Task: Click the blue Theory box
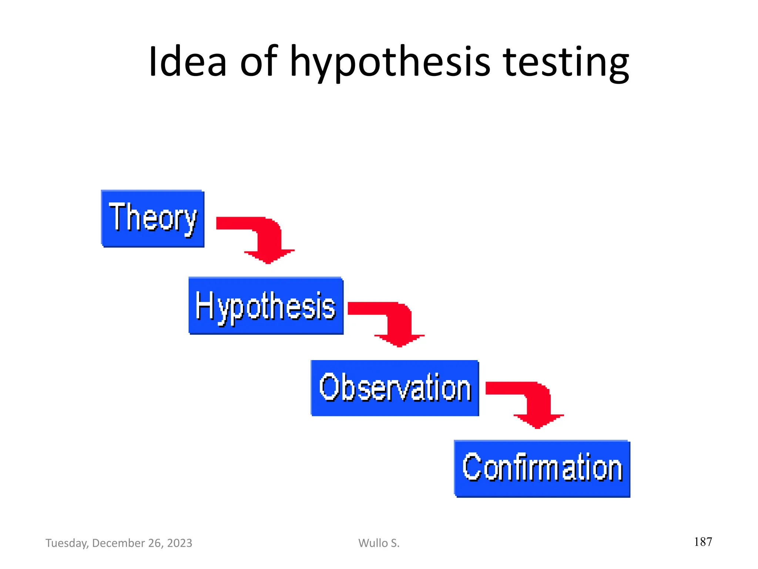click(x=152, y=219)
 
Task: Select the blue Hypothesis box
click(x=266, y=306)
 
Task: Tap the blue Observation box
click(x=395, y=388)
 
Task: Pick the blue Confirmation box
click(x=542, y=469)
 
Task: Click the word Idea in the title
click(x=187, y=61)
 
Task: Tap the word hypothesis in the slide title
click(x=390, y=63)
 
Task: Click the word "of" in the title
click(x=258, y=61)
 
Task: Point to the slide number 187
click(x=703, y=542)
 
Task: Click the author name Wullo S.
click(x=379, y=543)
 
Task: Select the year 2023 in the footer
click(x=180, y=543)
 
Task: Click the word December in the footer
click(x=118, y=543)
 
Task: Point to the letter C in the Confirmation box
click(x=471, y=467)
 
